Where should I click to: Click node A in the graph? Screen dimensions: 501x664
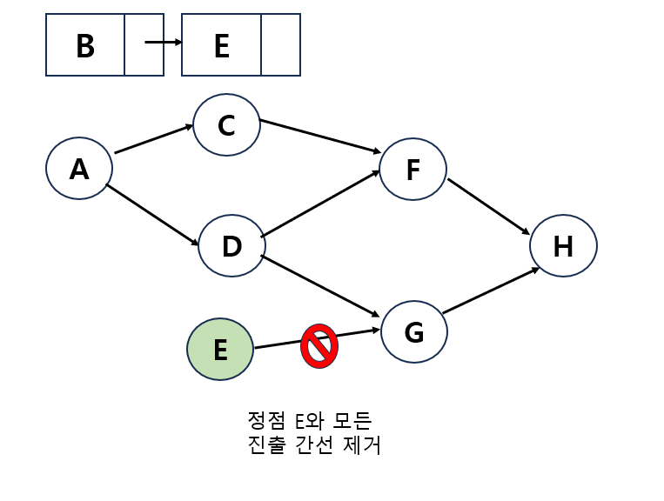coord(79,169)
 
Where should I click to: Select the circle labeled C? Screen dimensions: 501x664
coord(226,125)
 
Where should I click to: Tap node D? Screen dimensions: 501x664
coord(231,246)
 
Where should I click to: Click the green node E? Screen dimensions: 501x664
coord(220,350)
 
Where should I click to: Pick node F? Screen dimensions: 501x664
coord(413,170)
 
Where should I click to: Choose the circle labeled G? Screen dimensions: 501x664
coord(414,332)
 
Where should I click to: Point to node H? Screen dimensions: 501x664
coord(563,246)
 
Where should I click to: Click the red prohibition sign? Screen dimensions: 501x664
coord(319,346)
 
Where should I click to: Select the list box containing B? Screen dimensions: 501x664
coord(85,45)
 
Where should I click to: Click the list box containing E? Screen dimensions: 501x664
coord(221,45)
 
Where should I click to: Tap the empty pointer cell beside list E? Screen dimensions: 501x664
coord(280,45)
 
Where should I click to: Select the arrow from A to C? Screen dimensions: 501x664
coord(153,139)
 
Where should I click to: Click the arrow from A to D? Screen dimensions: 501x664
coord(152,215)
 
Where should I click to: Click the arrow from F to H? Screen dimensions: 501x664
coord(488,206)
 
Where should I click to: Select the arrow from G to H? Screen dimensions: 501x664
coord(490,291)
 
